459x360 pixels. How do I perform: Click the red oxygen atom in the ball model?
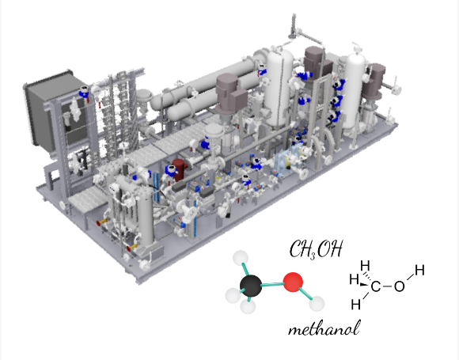pyautogui.click(x=293, y=282)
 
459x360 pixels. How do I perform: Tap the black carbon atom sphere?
pyautogui.click(x=251, y=286)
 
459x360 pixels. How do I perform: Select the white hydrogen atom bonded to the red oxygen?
pyautogui.click(x=317, y=304)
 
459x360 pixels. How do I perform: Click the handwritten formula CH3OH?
pyautogui.click(x=316, y=249)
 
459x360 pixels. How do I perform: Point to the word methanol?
pyautogui.click(x=324, y=328)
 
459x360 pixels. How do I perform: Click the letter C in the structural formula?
pyautogui.click(x=376, y=286)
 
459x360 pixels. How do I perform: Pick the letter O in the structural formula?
pyautogui.click(x=400, y=286)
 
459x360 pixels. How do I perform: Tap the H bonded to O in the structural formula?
pyautogui.click(x=419, y=270)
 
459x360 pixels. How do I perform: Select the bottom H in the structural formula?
pyautogui.click(x=355, y=305)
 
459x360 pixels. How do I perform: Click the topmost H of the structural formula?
pyautogui.click(x=365, y=266)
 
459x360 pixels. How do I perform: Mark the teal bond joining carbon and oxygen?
pyautogui.click(x=272, y=284)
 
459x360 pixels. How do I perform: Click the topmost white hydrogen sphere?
pyautogui.click(x=241, y=258)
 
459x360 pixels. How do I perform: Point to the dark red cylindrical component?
pyautogui.click(x=180, y=170)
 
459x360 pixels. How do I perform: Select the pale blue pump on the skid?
pyautogui.click(x=285, y=161)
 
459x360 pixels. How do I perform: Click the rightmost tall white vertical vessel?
pyautogui.click(x=355, y=91)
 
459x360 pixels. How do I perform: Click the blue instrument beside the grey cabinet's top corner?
pyautogui.click(x=84, y=92)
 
